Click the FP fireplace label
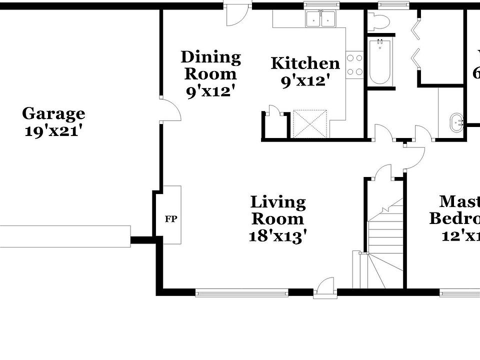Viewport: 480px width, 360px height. [x=171, y=219]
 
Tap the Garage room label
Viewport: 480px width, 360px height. [x=53, y=113]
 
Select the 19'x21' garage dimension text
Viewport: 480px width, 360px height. [x=53, y=131]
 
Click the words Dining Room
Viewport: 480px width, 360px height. [x=210, y=65]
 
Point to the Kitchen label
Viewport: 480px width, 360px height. [x=305, y=63]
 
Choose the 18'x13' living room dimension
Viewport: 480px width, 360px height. [x=277, y=235]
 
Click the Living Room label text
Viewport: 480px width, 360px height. [x=277, y=210]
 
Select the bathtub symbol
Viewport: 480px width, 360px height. [x=380, y=62]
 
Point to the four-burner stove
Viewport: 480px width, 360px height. [x=354, y=65]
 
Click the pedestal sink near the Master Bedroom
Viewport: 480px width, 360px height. [x=456, y=122]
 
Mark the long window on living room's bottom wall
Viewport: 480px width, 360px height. [x=241, y=292]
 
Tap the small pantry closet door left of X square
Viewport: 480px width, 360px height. [x=274, y=111]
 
